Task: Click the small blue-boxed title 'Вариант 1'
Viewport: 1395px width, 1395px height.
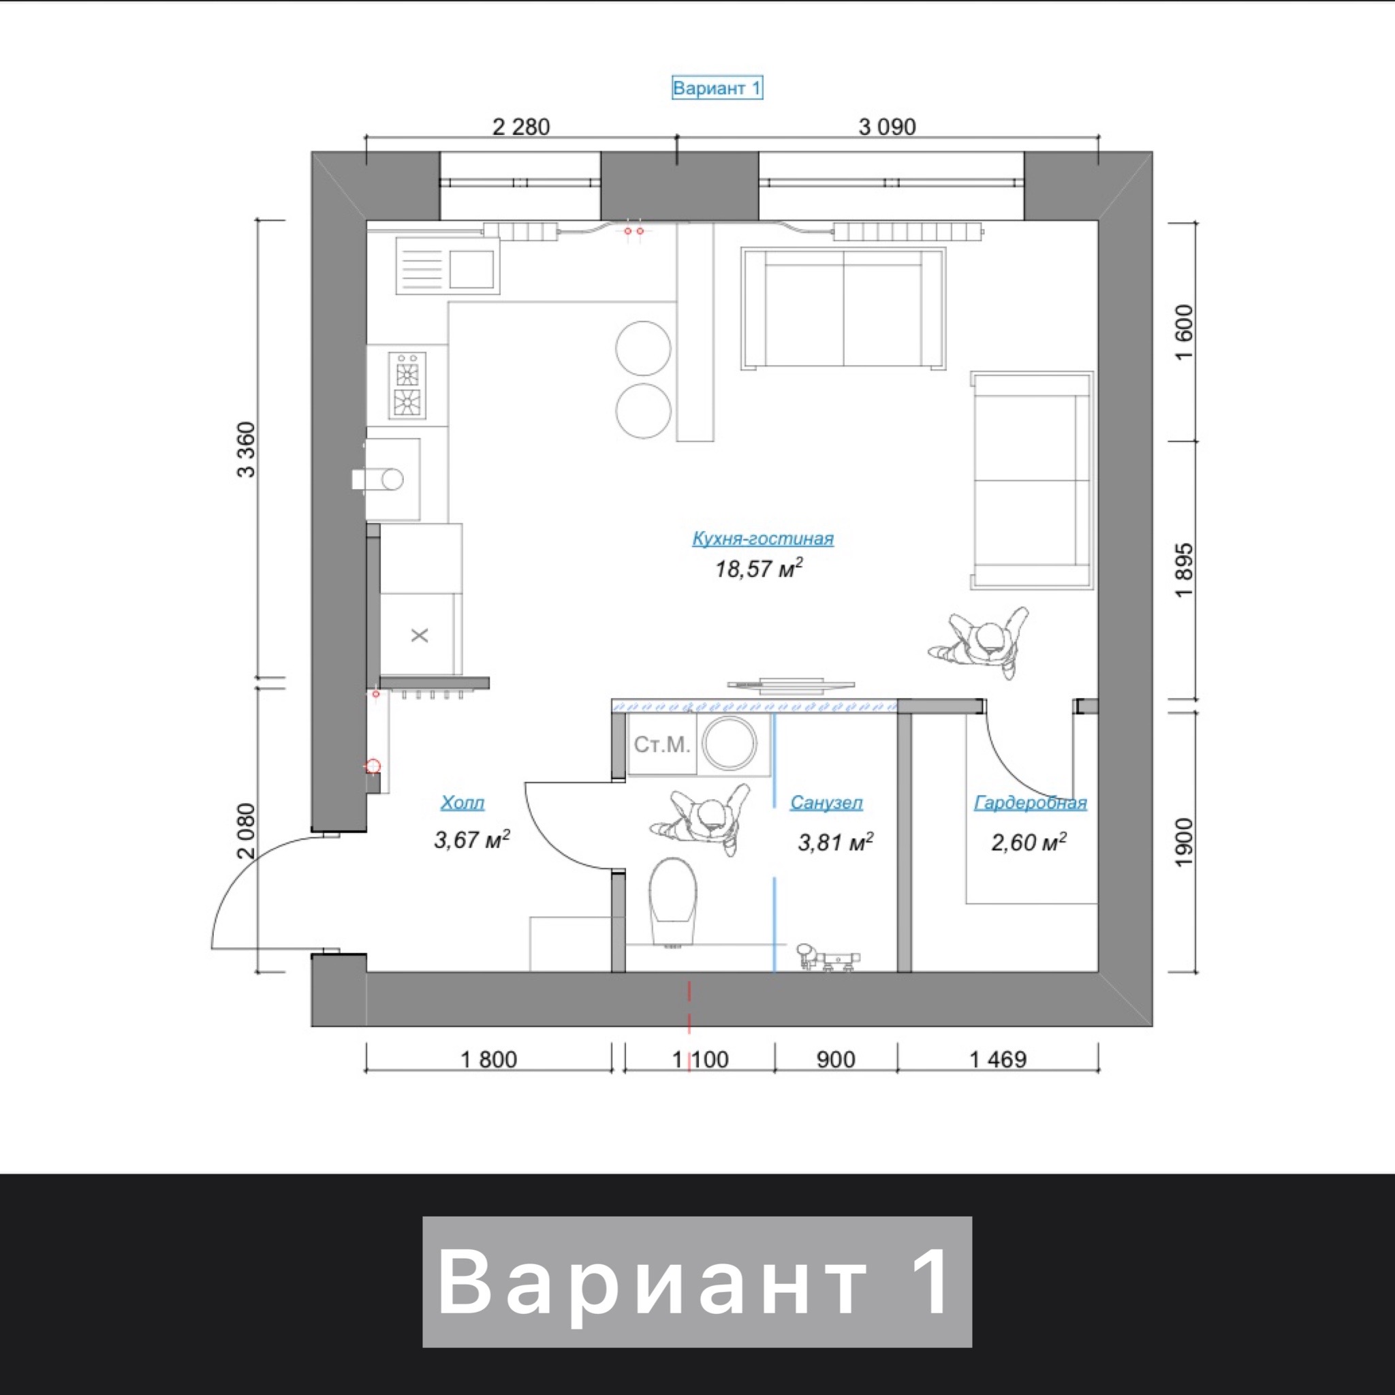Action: click(x=717, y=88)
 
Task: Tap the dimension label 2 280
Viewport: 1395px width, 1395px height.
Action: click(x=520, y=127)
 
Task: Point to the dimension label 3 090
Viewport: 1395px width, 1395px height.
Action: click(x=887, y=127)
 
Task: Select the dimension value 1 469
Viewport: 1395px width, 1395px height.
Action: click(x=997, y=1059)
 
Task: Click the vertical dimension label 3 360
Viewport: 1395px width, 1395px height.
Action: click(x=246, y=449)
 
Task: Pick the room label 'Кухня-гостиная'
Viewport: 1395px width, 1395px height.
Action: click(x=762, y=538)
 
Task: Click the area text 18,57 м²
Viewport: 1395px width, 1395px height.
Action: click(x=759, y=568)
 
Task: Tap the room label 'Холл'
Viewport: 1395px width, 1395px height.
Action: click(x=463, y=802)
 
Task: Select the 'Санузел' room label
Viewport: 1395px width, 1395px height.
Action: click(x=826, y=802)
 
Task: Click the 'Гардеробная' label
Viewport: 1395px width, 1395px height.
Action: click(x=1031, y=802)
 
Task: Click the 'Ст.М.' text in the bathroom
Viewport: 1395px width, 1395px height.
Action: click(x=661, y=744)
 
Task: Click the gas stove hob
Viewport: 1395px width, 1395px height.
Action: click(x=407, y=385)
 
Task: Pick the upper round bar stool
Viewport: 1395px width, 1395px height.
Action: click(x=643, y=348)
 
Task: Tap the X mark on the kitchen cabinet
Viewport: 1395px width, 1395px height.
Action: click(x=420, y=636)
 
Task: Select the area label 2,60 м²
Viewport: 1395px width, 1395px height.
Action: click(x=1029, y=842)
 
